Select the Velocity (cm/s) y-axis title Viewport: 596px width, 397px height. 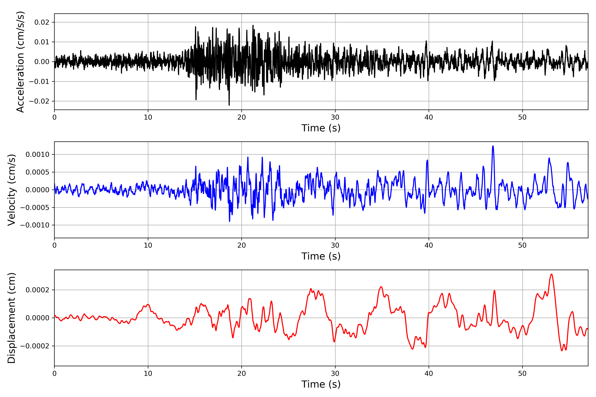coord(12,190)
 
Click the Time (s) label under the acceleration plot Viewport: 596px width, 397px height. coord(321,128)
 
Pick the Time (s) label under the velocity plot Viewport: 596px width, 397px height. coord(321,256)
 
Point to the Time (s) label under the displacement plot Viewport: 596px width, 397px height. coord(321,384)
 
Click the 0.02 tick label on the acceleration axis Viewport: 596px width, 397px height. coord(42,22)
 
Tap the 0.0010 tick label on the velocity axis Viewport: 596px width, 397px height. coord(38,154)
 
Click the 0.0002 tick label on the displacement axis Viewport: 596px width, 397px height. coord(38,290)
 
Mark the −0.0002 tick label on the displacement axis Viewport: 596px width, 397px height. coord(35,346)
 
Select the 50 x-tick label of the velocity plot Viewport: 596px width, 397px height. coord(522,245)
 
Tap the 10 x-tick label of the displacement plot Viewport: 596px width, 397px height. coord(148,374)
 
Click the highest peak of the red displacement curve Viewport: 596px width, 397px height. coord(551,274)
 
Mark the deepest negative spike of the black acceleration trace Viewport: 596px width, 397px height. coord(229,105)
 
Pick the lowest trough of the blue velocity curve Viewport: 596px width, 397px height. coord(230,221)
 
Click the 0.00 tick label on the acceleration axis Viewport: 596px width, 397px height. coord(42,62)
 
